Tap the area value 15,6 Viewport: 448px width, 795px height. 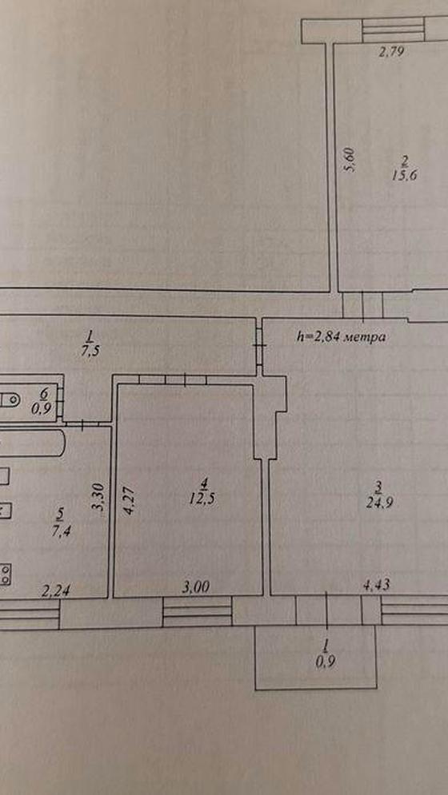pos(402,176)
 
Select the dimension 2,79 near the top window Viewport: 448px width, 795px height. pos(392,51)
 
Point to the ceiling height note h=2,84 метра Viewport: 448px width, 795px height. pos(340,336)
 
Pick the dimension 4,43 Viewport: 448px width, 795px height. pos(376,586)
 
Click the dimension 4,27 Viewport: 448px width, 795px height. pos(130,501)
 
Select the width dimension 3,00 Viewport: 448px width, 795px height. pos(195,586)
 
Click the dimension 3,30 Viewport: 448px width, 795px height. pos(99,497)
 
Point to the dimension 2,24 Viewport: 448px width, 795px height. pos(55,590)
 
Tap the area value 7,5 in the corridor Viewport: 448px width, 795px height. pos(90,352)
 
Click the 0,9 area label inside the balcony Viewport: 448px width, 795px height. pos(325,661)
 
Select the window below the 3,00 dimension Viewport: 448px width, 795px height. pos(197,613)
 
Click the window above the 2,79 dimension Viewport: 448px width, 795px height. pos(394,30)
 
